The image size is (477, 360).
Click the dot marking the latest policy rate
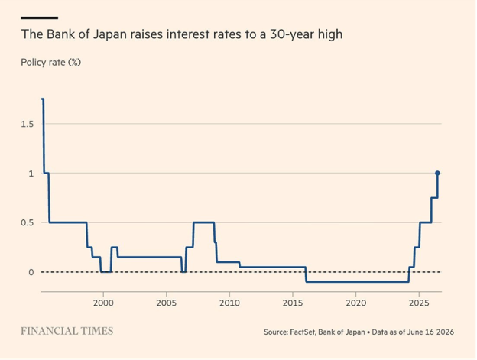437,173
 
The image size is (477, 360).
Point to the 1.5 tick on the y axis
27,124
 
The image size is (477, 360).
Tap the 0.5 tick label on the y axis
27,223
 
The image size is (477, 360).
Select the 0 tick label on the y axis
31,272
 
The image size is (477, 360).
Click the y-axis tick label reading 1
31,174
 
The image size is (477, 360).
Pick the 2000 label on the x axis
103,303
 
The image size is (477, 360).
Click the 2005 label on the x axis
167,303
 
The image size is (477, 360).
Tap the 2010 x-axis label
229,303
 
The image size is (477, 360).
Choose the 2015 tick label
293,303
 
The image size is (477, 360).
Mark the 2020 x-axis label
356,303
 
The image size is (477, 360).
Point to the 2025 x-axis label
419,303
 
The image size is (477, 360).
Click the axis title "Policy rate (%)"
50,63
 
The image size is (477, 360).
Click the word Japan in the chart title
109,34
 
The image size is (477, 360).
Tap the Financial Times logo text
67,331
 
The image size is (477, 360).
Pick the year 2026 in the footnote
445,332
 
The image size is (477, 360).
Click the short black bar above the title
39,18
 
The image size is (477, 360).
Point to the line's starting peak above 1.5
43,99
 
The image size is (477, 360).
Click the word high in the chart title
330,34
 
